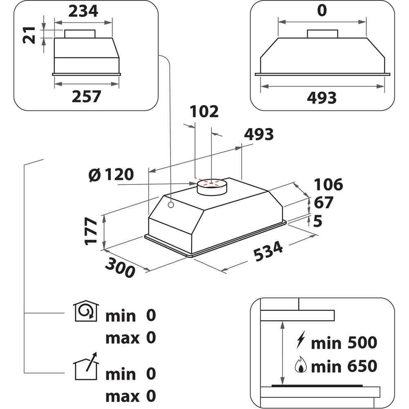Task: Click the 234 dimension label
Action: point(83,11)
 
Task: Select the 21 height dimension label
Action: point(29,35)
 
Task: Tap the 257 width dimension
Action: point(86,97)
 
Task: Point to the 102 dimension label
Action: point(204,112)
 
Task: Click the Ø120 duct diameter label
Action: point(111,175)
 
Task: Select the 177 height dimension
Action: point(91,231)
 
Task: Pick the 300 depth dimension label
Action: point(120,267)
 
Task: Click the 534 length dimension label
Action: point(268,251)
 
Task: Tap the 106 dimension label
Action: point(328,185)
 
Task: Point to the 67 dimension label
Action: point(324,202)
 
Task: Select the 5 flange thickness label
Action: point(317,221)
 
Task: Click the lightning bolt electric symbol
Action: point(301,339)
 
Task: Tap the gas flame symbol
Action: point(301,364)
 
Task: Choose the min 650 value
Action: point(344,366)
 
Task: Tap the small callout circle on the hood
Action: point(171,205)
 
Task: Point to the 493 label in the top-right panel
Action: point(322,98)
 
